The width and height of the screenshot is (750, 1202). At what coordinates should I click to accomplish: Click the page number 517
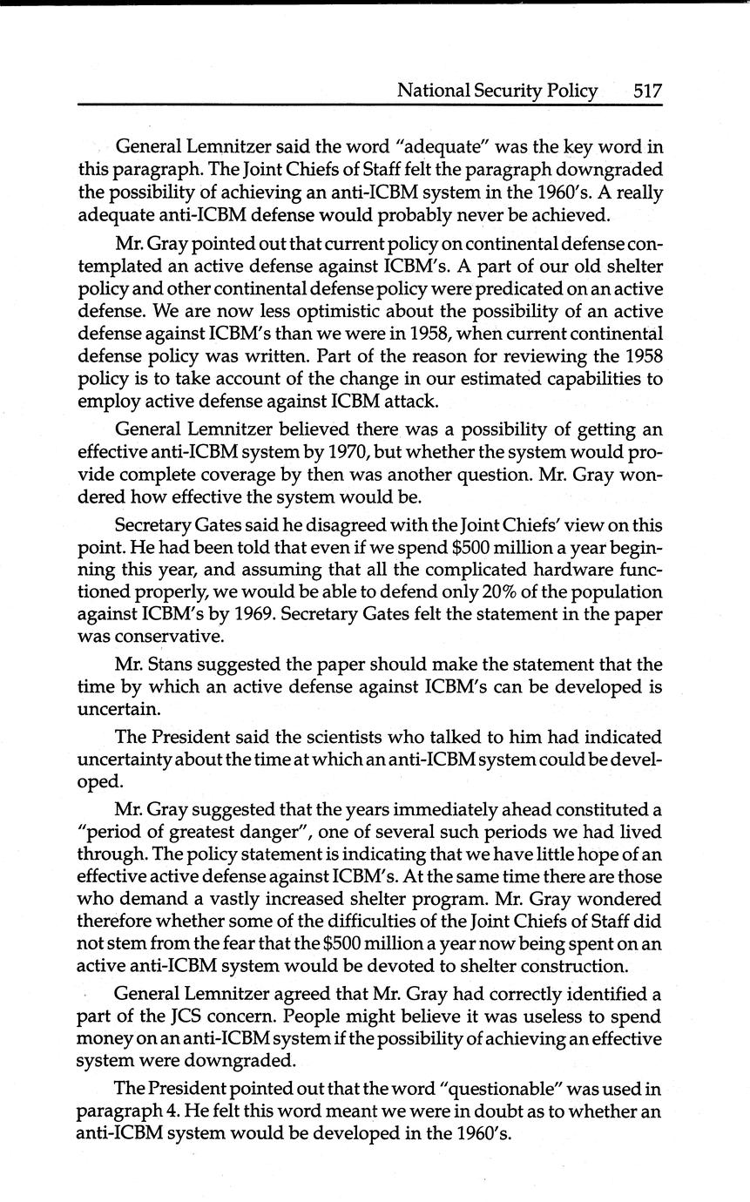tap(647, 91)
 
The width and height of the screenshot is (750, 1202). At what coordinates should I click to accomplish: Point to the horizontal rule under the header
tap(370, 105)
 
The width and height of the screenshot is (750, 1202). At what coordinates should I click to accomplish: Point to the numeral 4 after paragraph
tap(160, 1112)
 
